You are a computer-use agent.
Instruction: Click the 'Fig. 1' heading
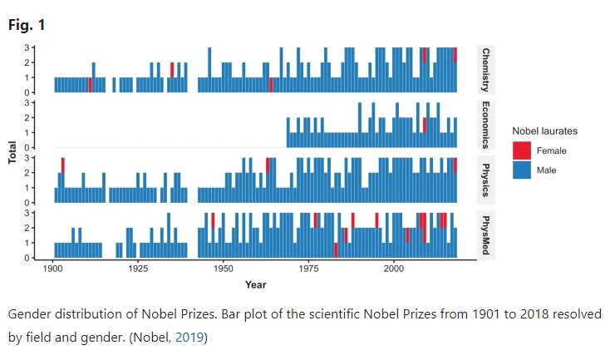(x=27, y=25)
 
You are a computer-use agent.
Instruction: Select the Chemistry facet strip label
(x=485, y=69)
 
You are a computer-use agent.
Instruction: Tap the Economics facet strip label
(x=485, y=124)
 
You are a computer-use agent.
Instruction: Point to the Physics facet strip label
(x=485, y=179)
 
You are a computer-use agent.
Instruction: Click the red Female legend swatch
(x=522, y=150)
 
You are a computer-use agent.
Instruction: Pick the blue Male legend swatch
(x=522, y=170)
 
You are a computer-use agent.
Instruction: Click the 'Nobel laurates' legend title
(x=544, y=131)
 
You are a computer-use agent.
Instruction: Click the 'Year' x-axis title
(x=255, y=285)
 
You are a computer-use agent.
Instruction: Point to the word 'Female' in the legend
(x=553, y=150)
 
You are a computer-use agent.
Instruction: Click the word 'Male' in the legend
(x=547, y=170)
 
